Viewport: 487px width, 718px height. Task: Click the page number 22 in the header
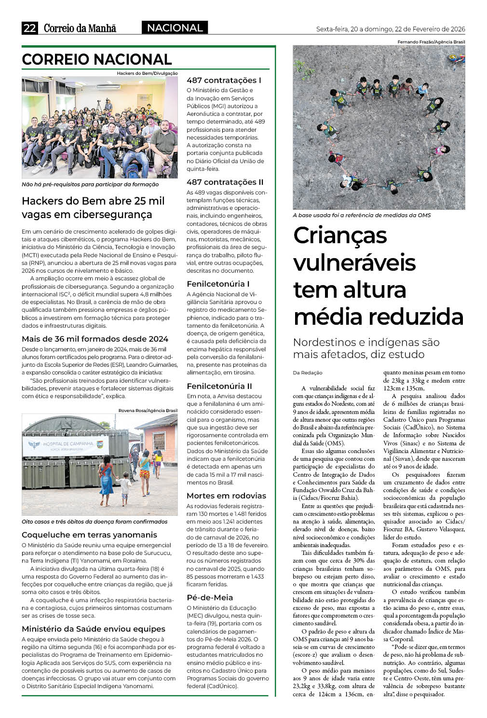tap(29, 28)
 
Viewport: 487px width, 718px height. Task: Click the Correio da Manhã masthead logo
tap(80, 28)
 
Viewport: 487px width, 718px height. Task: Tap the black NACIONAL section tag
tap(175, 28)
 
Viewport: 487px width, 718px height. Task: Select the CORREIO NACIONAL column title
tap(97, 59)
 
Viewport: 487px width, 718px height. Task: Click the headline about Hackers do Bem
tap(93, 207)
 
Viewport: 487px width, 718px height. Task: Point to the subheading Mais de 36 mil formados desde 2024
tap(95, 339)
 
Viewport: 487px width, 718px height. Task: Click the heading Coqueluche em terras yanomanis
tap(89, 535)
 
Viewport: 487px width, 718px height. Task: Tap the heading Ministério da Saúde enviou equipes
tap(94, 629)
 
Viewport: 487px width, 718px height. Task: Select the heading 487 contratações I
tap(224, 80)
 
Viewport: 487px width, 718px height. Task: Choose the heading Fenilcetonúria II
tap(219, 386)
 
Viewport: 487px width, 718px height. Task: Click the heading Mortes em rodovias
tap(226, 496)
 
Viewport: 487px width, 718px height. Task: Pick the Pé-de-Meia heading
tap(210, 597)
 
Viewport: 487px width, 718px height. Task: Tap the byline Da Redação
tap(308, 373)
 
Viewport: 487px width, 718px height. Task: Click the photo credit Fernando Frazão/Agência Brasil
tap(431, 42)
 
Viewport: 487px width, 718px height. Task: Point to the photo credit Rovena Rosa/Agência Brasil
tap(148, 411)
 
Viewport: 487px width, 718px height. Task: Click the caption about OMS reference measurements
tap(362, 215)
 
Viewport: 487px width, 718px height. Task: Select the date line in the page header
tap(391, 29)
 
